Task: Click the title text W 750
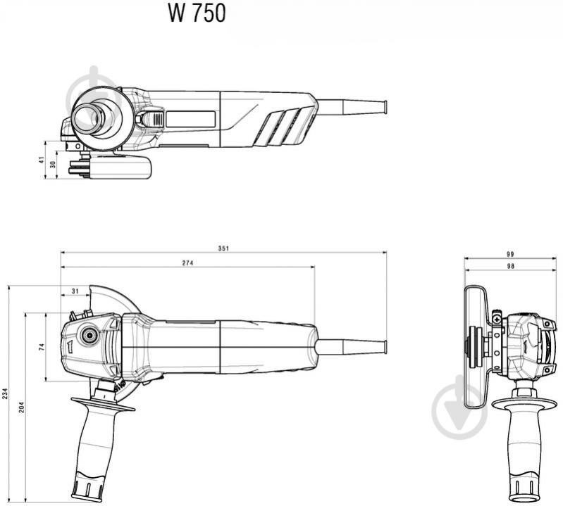coord(197,13)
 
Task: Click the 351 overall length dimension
coord(223,248)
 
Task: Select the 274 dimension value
coord(187,263)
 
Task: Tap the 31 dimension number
coord(75,291)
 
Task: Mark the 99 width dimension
coord(510,254)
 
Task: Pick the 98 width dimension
coord(510,266)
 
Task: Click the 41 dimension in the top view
coord(42,160)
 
